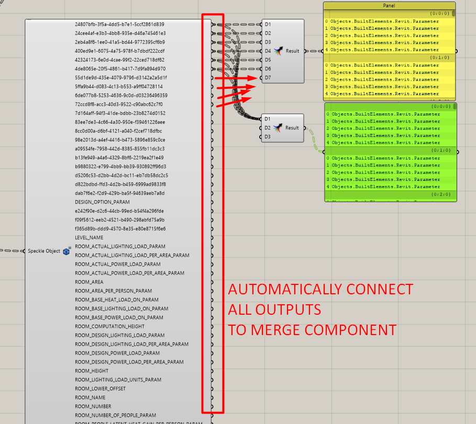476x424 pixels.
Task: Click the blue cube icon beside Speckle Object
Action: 67,251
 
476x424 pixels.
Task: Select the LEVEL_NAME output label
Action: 89,237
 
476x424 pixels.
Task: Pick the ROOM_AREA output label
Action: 89,282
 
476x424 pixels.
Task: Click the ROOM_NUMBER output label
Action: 93,406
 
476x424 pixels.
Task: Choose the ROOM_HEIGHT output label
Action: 92,371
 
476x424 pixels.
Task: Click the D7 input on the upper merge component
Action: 268,77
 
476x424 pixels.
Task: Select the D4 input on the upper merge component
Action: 268,51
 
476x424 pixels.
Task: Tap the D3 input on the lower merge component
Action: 267,136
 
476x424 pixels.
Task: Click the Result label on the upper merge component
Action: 292,51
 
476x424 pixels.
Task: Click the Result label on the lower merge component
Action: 292,128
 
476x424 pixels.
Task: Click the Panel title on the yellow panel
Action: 389,5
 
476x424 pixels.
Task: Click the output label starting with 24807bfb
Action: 119,24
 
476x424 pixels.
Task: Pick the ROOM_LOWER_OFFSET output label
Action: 100,388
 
